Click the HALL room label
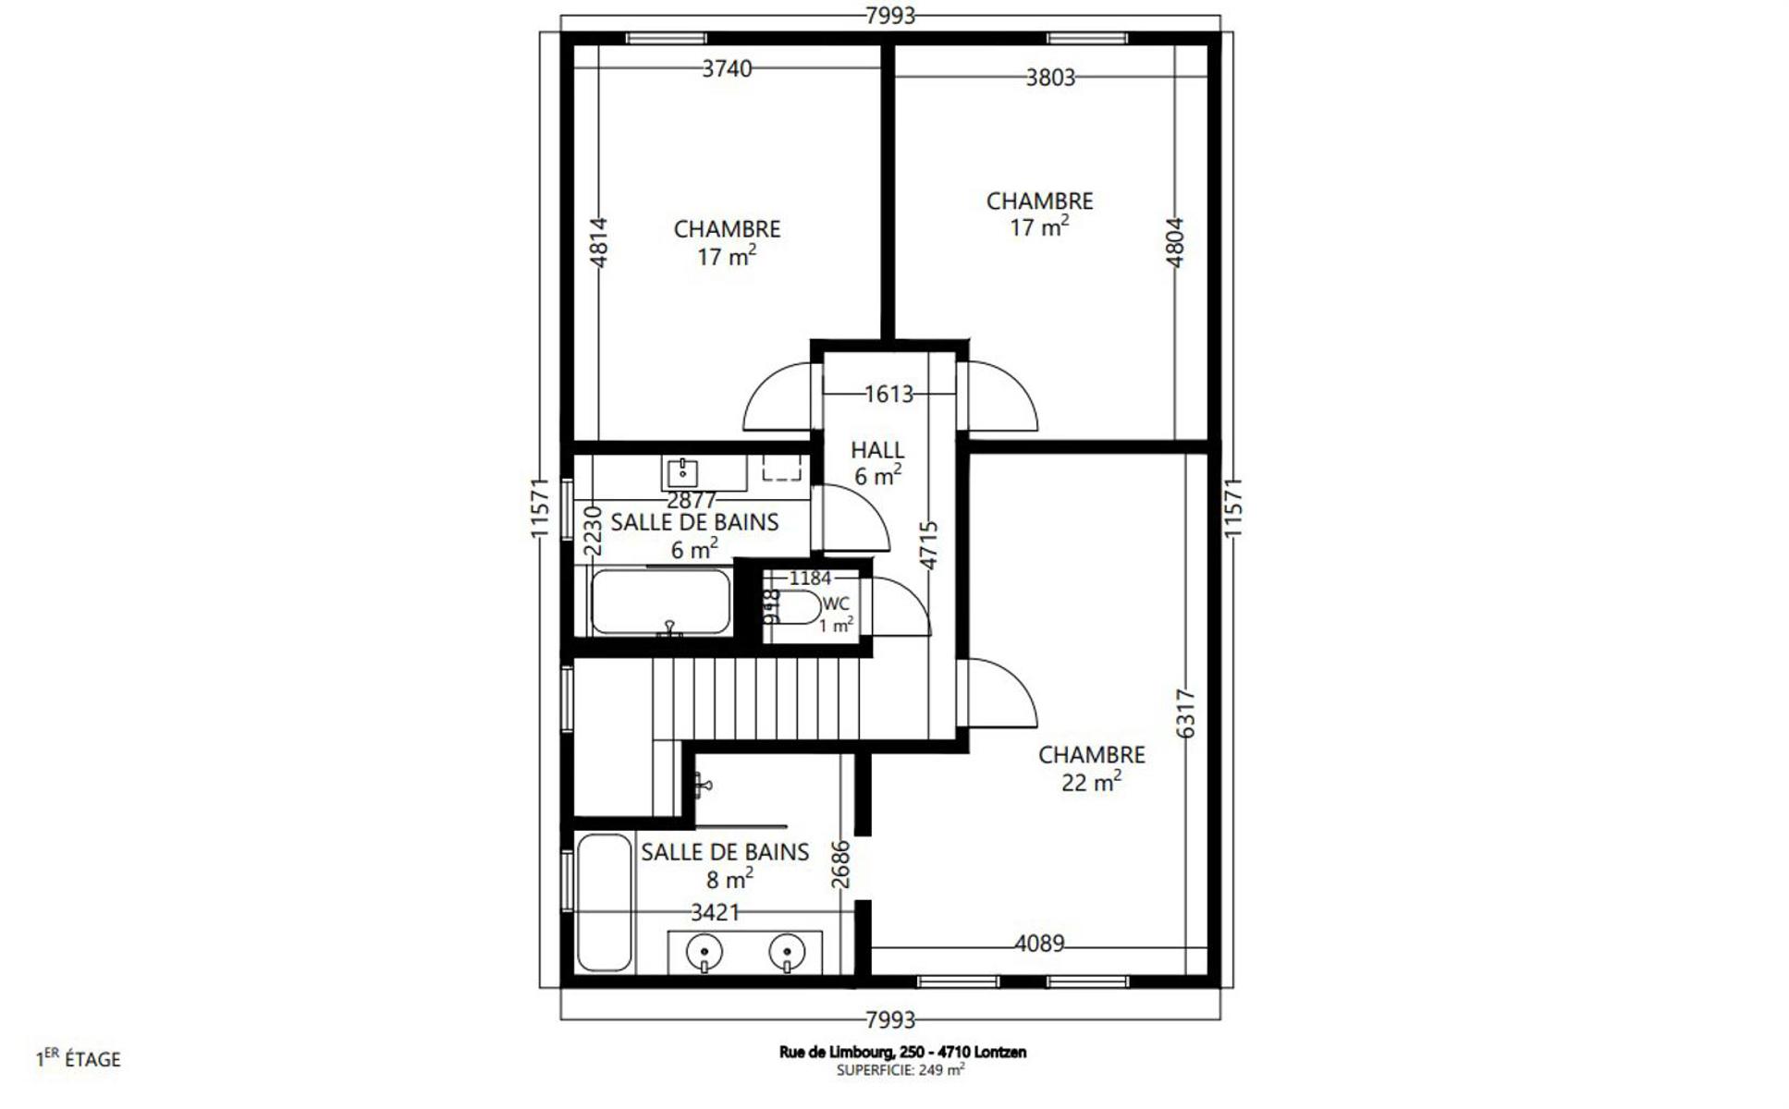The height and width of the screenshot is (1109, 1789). pyautogui.click(x=876, y=450)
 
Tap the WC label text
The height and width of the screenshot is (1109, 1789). pyautogui.click(x=835, y=604)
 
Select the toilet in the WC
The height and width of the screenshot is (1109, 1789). pyautogui.click(x=795, y=608)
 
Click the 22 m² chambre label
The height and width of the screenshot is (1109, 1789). pyautogui.click(x=1091, y=768)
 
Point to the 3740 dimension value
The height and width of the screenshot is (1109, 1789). pyautogui.click(x=727, y=68)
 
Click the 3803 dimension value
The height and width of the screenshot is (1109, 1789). pyautogui.click(x=1050, y=78)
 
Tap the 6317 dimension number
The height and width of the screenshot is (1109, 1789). pyautogui.click(x=1185, y=713)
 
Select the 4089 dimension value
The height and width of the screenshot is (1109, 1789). pyautogui.click(x=1039, y=944)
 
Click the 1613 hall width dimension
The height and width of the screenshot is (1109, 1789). pyautogui.click(x=888, y=395)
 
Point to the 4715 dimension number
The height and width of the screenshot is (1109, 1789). pyautogui.click(x=929, y=545)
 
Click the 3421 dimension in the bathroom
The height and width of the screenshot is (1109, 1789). pyautogui.click(x=716, y=913)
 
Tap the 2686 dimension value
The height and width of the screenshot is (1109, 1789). pyautogui.click(x=840, y=864)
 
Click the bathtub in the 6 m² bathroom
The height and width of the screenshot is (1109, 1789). pyautogui.click(x=660, y=602)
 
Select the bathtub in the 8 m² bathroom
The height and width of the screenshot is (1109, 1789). pyautogui.click(x=605, y=903)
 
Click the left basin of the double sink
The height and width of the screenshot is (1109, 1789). pyautogui.click(x=705, y=952)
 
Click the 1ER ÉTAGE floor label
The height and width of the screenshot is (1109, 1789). pyautogui.click(x=79, y=1058)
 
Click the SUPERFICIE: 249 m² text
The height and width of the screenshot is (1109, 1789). pyautogui.click(x=901, y=1069)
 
